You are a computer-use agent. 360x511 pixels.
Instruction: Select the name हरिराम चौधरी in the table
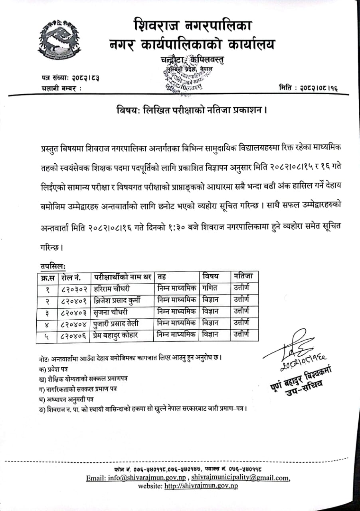pyautogui.click(x=111, y=289)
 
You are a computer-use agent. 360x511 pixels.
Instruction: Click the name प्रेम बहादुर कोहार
pyautogui.click(x=116, y=335)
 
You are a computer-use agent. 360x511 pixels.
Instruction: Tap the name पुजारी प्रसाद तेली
pyautogui.click(x=116, y=323)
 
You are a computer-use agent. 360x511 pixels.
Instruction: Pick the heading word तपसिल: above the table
pyautogui.click(x=53, y=265)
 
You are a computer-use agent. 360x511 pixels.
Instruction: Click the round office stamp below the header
pyautogui.click(x=184, y=79)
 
